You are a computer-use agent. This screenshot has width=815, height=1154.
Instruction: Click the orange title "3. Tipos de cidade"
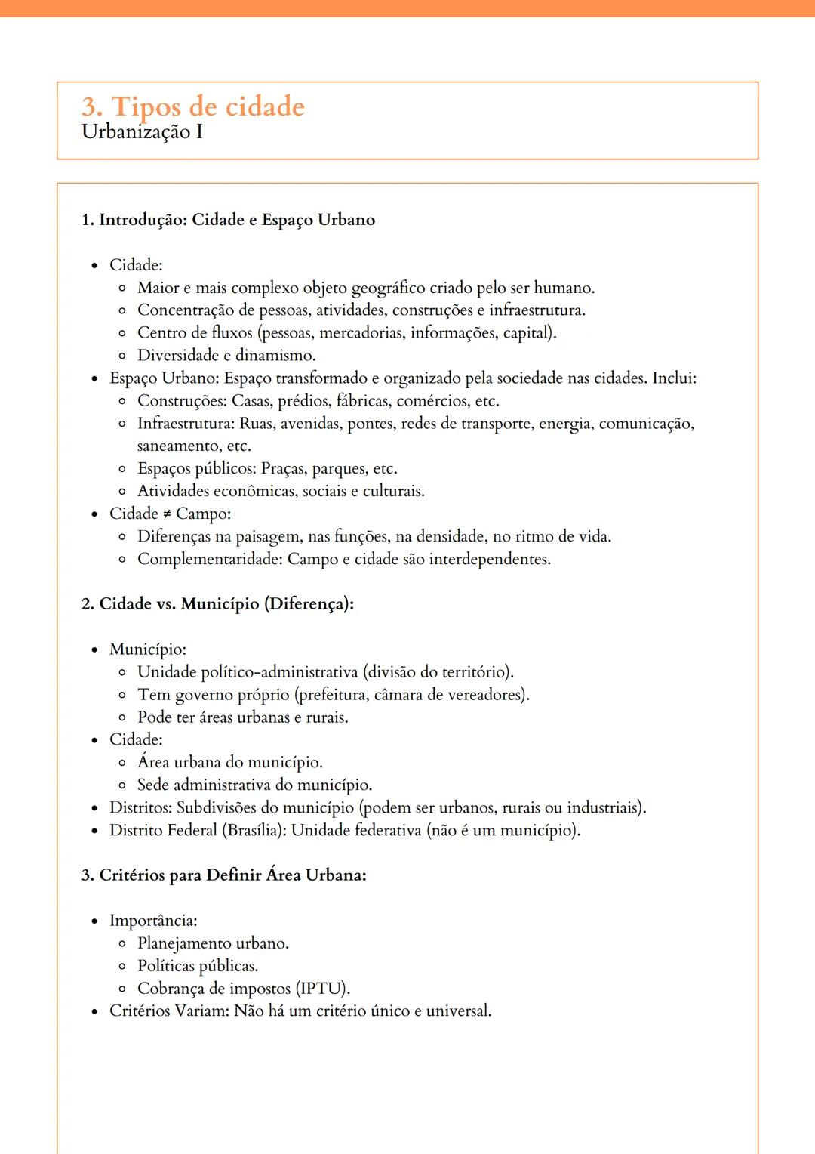click(192, 106)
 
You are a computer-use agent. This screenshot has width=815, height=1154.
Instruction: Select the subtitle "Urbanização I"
click(142, 132)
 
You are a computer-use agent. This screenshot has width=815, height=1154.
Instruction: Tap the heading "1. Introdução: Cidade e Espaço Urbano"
click(228, 220)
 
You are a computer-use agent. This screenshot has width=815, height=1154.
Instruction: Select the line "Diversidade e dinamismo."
click(226, 356)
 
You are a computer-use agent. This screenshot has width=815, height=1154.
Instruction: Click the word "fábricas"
click(363, 401)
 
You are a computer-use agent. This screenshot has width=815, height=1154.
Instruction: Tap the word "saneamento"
click(179, 446)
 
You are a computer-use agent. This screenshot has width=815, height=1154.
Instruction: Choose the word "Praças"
click(284, 469)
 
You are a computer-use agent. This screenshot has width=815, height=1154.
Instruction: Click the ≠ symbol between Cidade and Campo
click(167, 514)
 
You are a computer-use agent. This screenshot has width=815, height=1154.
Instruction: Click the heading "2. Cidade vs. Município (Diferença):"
click(217, 604)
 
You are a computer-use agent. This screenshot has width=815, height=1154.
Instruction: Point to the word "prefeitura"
click(331, 695)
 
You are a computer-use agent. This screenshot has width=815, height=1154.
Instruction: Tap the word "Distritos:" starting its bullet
click(140, 808)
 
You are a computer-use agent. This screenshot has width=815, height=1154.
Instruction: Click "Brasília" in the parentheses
click(254, 831)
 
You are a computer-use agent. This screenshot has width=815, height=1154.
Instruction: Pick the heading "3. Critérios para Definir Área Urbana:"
click(223, 875)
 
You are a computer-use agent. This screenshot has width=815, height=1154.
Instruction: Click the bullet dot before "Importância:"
click(94, 921)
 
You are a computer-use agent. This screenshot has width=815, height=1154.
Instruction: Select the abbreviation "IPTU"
click(321, 989)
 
